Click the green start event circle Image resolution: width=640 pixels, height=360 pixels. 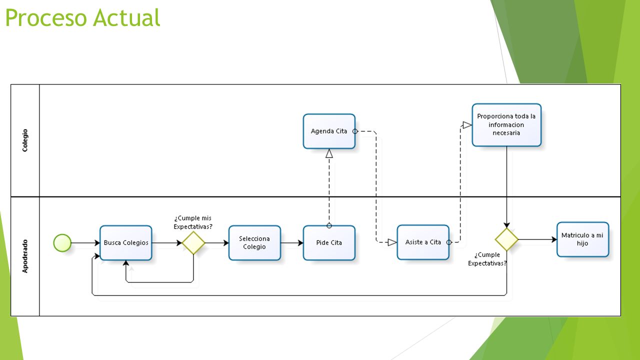(62, 243)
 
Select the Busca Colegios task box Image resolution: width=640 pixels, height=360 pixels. (125, 243)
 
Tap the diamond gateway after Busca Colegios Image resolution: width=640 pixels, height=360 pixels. (193, 243)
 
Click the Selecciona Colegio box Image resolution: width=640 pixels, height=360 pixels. (254, 243)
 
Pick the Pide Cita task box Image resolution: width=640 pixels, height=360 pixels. (329, 243)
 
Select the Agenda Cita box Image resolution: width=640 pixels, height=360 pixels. (329, 131)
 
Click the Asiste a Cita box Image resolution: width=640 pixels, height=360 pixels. (423, 242)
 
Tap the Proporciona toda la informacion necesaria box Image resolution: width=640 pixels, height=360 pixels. (506, 125)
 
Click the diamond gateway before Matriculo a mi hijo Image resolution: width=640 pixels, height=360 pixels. (506, 239)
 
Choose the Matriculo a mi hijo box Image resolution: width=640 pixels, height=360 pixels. (583, 239)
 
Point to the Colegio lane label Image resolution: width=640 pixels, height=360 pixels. (25, 140)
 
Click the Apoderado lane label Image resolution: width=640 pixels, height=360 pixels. (25, 256)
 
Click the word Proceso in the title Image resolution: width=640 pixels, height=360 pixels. (46, 17)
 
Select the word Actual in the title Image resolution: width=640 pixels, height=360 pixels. (126, 17)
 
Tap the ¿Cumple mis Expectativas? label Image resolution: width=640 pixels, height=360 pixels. (193, 222)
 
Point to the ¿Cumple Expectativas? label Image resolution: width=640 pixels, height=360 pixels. (487, 259)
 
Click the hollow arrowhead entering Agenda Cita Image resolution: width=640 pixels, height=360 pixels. (329, 153)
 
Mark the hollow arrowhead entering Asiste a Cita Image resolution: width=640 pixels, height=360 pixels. (392, 242)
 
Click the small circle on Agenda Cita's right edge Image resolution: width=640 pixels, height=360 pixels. (355, 131)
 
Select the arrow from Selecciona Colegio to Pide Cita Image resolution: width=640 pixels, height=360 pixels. (292, 243)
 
